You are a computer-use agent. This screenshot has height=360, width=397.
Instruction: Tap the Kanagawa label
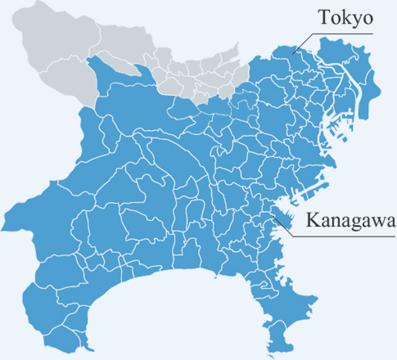coord(350,220)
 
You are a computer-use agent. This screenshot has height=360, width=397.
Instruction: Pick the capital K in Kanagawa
coord(312,220)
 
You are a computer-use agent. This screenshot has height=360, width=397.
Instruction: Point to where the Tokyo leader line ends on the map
coord(295,52)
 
